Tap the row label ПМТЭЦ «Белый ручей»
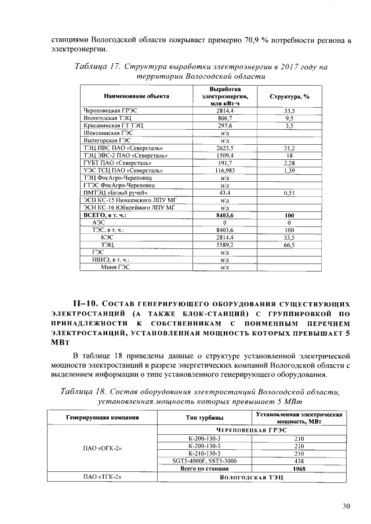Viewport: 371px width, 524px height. pyautogui.click(x=115, y=193)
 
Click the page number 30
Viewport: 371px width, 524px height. pyautogui.click(x=346, y=506)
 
